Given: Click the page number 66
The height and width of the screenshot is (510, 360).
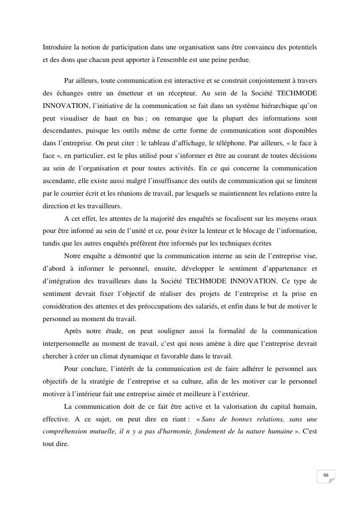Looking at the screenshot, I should click(326, 475).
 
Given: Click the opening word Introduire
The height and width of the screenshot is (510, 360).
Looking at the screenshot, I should click(57, 47).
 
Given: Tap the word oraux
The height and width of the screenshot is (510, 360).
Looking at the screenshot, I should click(306, 218).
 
